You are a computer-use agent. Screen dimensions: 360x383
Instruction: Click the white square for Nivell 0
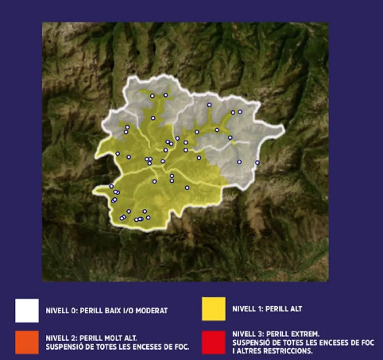pos(27,310)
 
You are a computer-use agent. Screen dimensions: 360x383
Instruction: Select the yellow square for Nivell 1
pos(213,309)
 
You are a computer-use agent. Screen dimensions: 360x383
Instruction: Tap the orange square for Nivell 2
pos(27,342)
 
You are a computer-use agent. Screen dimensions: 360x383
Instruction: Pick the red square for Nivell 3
pos(213,342)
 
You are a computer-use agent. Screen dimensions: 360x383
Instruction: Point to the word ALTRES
pos(249,351)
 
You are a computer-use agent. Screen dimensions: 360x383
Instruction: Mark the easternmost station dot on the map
pos(257,163)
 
